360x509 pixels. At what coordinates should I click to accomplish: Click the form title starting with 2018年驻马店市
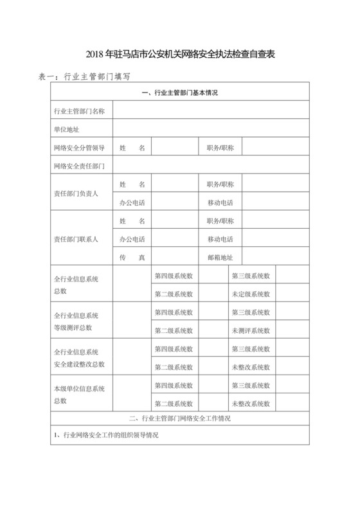tap(180, 56)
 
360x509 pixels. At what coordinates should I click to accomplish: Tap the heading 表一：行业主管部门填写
tap(85, 76)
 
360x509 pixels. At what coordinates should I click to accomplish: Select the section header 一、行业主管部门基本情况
tap(179, 93)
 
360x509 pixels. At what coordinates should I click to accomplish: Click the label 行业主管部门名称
tap(80, 111)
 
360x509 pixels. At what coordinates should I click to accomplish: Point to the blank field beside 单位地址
tap(212, 129)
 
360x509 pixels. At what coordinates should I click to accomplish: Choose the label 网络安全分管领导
tap(80, 148)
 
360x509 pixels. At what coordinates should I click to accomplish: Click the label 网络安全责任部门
tap(80, 166)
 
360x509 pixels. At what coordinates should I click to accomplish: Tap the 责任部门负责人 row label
tap(76, 193)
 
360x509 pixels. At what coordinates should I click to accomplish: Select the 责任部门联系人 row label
tap(76, 240)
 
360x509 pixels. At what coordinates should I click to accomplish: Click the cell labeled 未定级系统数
tap(251, 294)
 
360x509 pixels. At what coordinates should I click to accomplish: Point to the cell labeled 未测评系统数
tap(251, 331)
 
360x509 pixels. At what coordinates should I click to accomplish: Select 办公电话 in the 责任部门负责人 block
tap(132, 203)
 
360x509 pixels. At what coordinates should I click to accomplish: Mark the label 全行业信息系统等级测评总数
tap(76, 321)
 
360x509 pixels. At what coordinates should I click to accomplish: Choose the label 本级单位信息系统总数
tap(76, 395)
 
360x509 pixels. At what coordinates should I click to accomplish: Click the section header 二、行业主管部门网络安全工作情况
tap(179, 419)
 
